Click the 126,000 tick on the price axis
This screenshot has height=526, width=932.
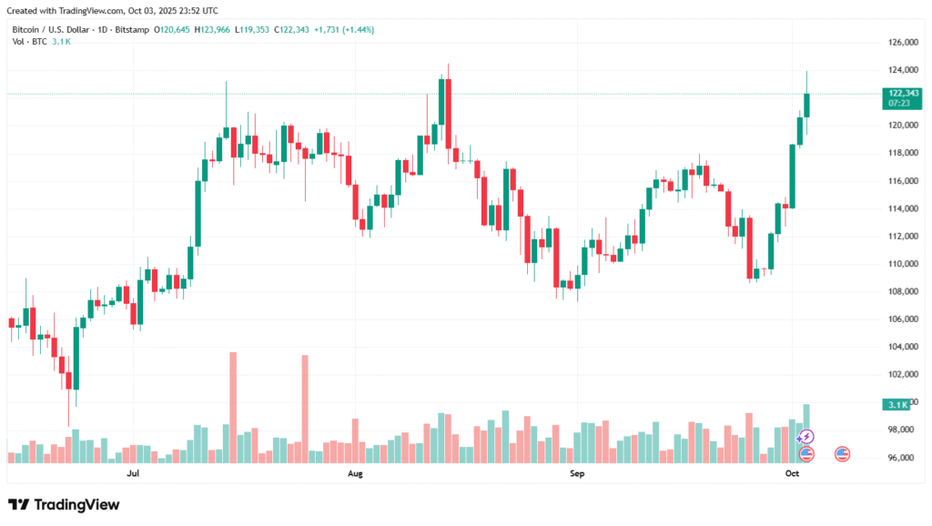901,43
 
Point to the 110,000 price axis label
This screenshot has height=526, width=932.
901,264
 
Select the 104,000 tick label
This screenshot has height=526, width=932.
901,347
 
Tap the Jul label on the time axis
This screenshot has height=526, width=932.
134,474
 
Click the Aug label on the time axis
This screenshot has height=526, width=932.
355,474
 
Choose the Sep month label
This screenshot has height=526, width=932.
577,474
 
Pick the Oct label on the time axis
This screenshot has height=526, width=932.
792,474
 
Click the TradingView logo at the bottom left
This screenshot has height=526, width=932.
64,504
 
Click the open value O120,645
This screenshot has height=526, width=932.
171,30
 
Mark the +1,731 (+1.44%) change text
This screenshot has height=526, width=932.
343,30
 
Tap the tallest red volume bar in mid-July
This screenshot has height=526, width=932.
233,407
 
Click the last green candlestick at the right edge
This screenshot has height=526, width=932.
806,105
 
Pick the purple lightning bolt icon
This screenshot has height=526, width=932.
805,438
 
